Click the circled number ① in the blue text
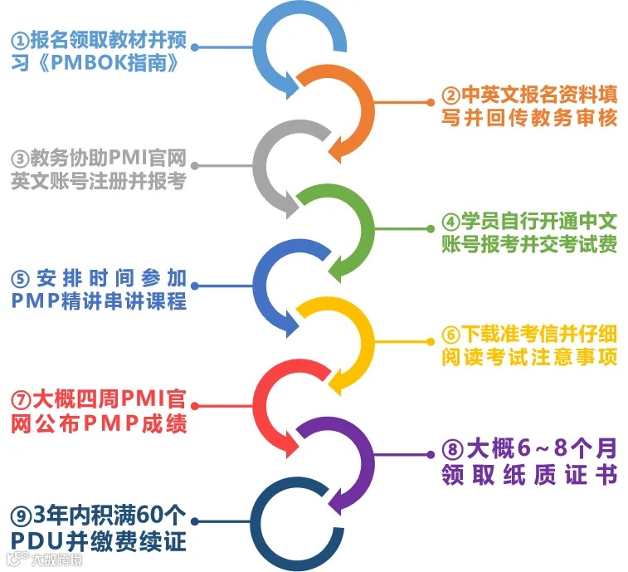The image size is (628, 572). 19,40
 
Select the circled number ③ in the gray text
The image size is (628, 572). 19,158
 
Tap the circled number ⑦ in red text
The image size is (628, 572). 19,398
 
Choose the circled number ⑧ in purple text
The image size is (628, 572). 451,451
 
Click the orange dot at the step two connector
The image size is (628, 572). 431,101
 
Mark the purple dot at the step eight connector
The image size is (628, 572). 431,454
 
